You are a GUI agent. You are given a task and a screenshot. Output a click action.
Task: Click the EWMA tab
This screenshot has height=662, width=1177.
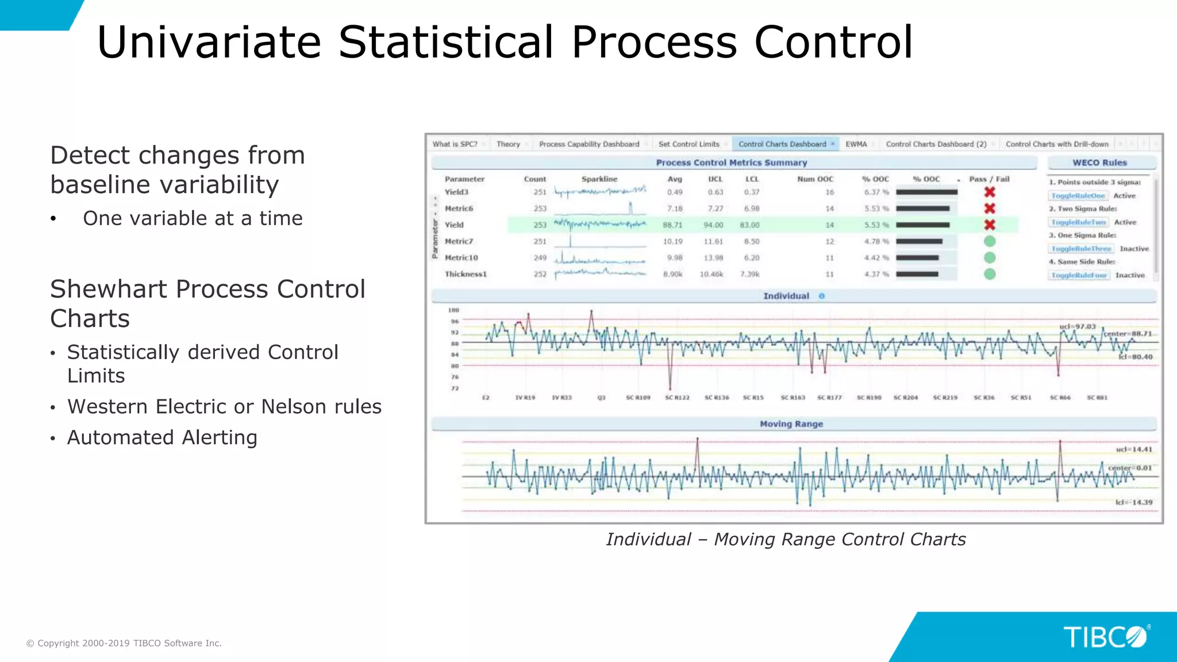click(x=856, y=144)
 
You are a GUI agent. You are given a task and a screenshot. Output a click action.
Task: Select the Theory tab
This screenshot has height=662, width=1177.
click(x=508, y=144)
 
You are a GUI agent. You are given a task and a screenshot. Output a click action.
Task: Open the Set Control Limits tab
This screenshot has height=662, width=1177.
click(x=688, y=144)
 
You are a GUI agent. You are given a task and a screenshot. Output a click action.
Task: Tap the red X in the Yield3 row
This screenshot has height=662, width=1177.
click(x=989, y=192)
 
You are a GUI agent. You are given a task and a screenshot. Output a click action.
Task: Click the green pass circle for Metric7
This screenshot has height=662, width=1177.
click(x=989, y=241)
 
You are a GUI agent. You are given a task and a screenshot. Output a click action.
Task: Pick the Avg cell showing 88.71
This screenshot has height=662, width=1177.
click(x=672, y=225)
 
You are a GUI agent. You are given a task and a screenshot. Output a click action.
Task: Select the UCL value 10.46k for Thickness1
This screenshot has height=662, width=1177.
click(x=711, y=275)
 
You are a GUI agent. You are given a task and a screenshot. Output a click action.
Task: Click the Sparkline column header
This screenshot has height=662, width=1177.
click(x=599, y=179)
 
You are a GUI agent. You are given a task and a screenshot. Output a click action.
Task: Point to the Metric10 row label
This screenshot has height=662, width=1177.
click(x=461, y=258)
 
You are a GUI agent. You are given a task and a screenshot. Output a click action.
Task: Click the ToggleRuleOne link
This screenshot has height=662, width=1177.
click(x=1078, y=196)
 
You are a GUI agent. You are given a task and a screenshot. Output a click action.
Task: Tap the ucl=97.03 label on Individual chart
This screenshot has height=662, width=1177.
click(x=1077, y=326)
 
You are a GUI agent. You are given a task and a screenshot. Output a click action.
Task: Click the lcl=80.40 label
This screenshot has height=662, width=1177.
click(x=1135, y=357)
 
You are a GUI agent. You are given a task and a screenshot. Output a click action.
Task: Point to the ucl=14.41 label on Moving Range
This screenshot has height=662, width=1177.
click(x=1133, y=449)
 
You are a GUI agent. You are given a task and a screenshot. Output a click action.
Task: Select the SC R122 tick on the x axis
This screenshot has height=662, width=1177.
click(x=677, y=398)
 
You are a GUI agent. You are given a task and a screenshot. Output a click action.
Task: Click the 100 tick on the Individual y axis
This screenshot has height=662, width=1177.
click(x=453, y=310)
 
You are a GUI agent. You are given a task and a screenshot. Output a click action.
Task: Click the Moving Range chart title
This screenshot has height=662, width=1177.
click(x=791, y=424)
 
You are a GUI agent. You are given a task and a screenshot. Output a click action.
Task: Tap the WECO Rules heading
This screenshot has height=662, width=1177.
click(x=1099, y=163)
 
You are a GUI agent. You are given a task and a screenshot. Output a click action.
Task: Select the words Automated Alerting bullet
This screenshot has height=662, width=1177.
click(x=162, y=438)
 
